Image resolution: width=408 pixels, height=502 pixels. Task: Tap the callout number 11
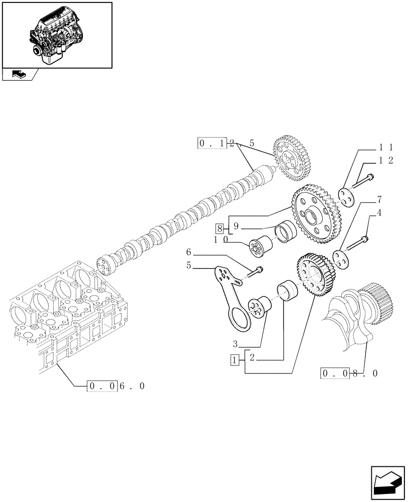pos(385,148)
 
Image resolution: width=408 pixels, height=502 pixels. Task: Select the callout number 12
pos(385,160)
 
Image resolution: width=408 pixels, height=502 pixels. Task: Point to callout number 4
pos(379,213)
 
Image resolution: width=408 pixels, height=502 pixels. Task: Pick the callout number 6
pos(189,251)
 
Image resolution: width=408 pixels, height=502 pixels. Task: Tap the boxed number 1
pos(235,359)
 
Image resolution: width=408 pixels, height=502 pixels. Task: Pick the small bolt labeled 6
pos(256,271)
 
